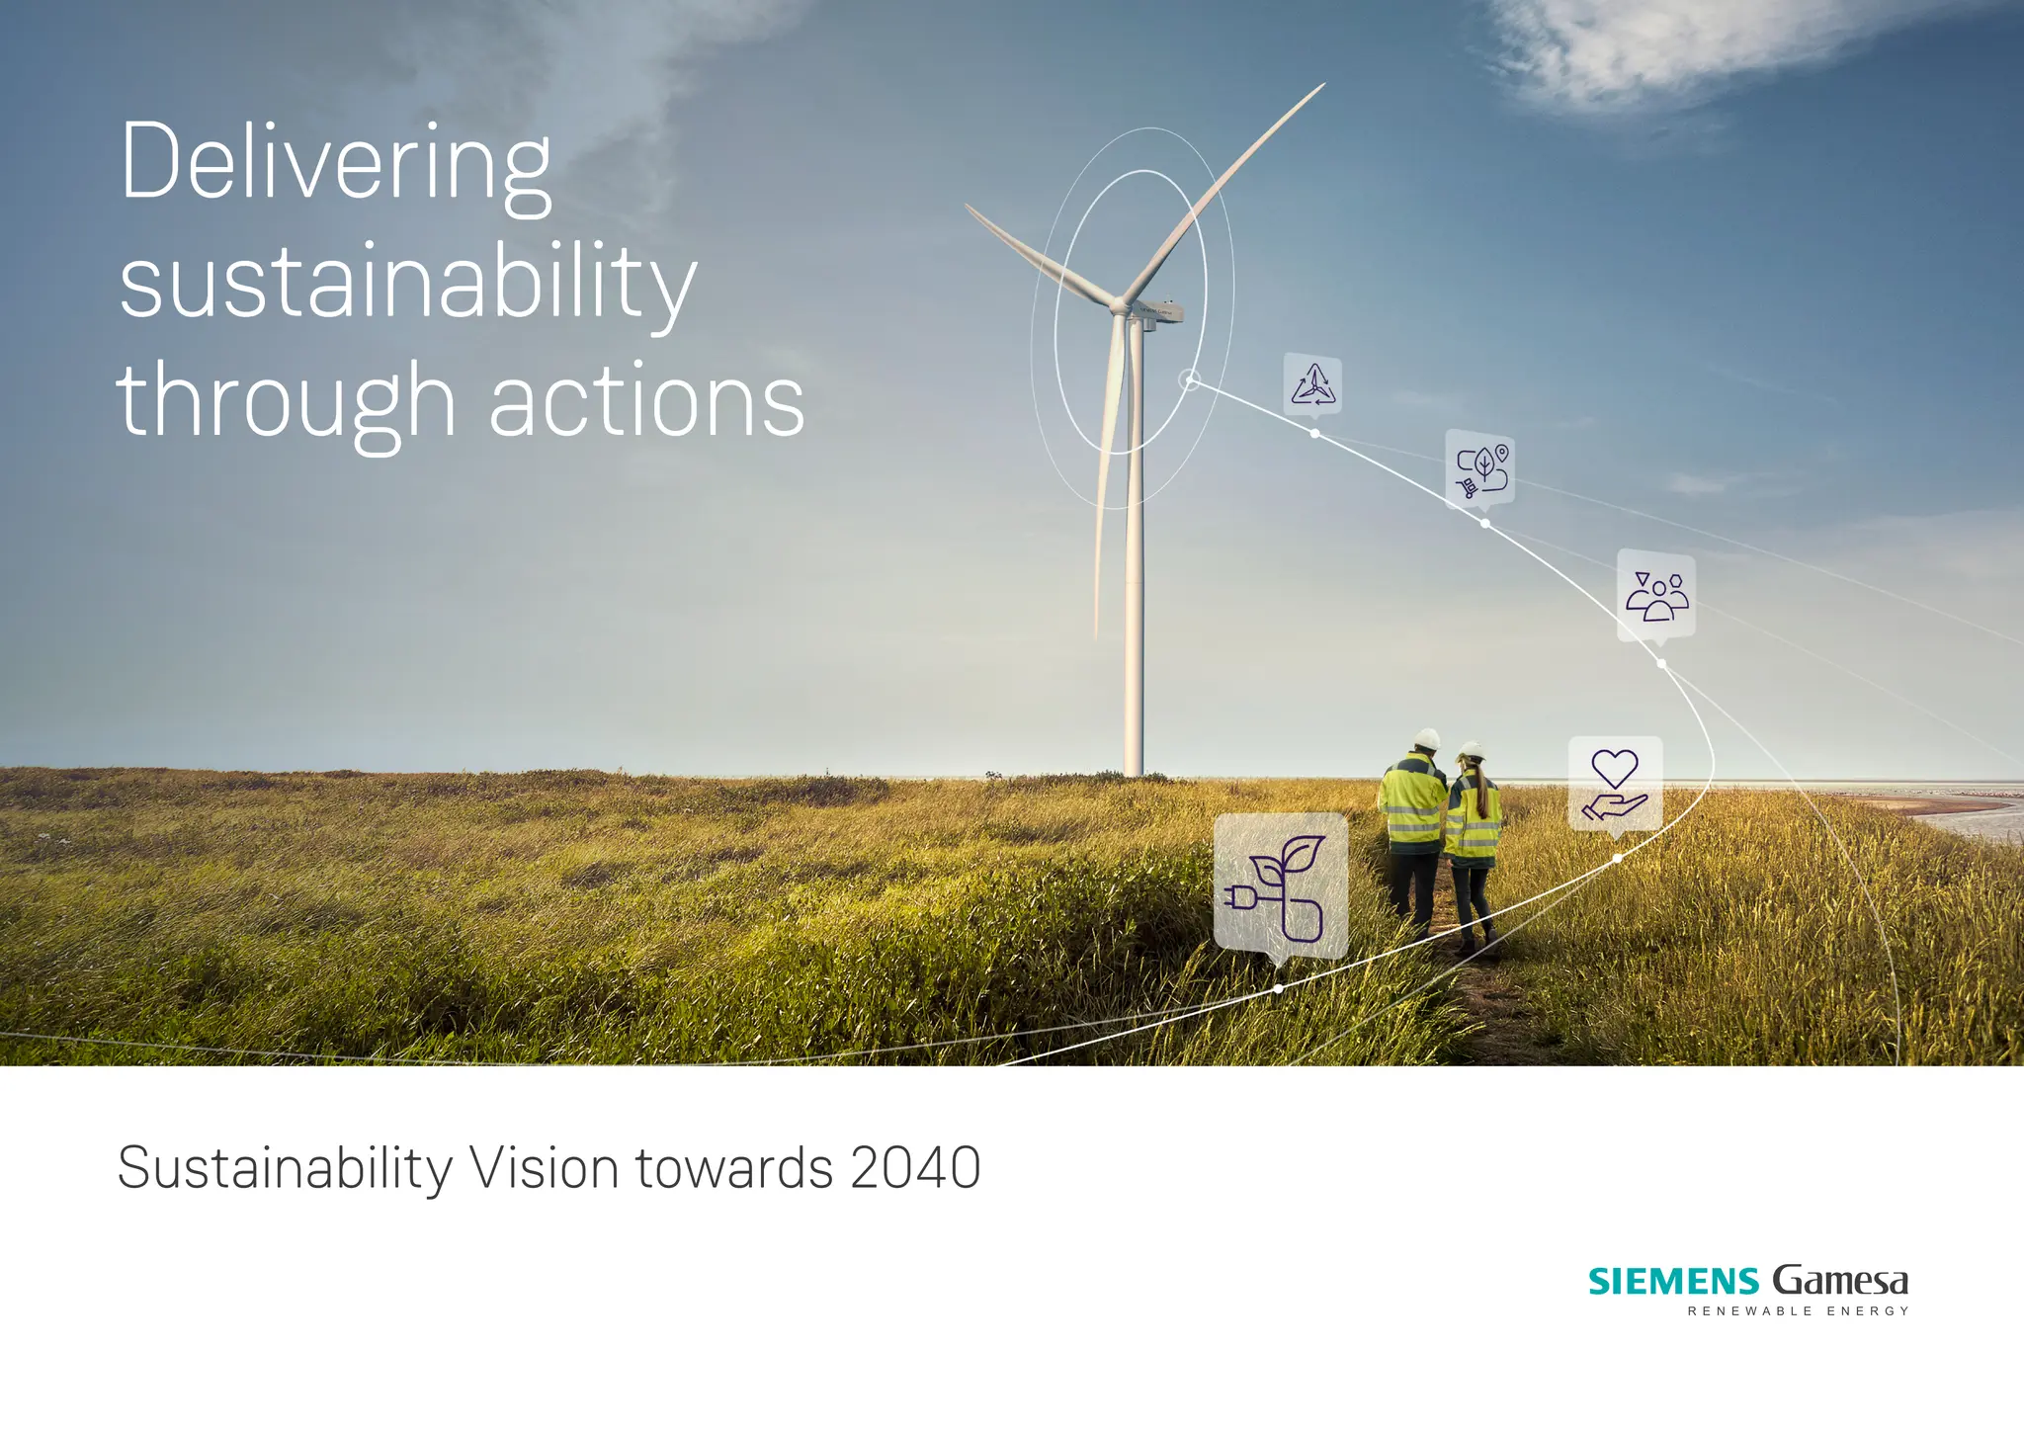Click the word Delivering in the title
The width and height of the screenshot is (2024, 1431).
(335, 163)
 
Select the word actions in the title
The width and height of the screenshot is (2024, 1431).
(647, 400)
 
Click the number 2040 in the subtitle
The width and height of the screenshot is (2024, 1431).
(915, 1168)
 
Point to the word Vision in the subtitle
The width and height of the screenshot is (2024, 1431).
(545, 1168)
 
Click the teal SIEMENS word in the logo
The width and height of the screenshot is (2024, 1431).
(1673, 1282)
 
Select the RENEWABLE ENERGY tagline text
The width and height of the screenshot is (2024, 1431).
(1798, 1311)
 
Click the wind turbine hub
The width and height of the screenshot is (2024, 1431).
(1120, 305)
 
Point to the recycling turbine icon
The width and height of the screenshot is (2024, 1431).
(1313, 384)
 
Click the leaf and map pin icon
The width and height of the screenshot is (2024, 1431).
(1480, 469)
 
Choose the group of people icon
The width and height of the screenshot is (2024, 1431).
(1656, 596)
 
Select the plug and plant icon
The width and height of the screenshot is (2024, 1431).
(1280, 885)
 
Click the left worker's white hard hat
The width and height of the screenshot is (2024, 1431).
(1426, 739)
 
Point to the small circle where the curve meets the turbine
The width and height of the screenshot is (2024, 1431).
(1191, 379)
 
